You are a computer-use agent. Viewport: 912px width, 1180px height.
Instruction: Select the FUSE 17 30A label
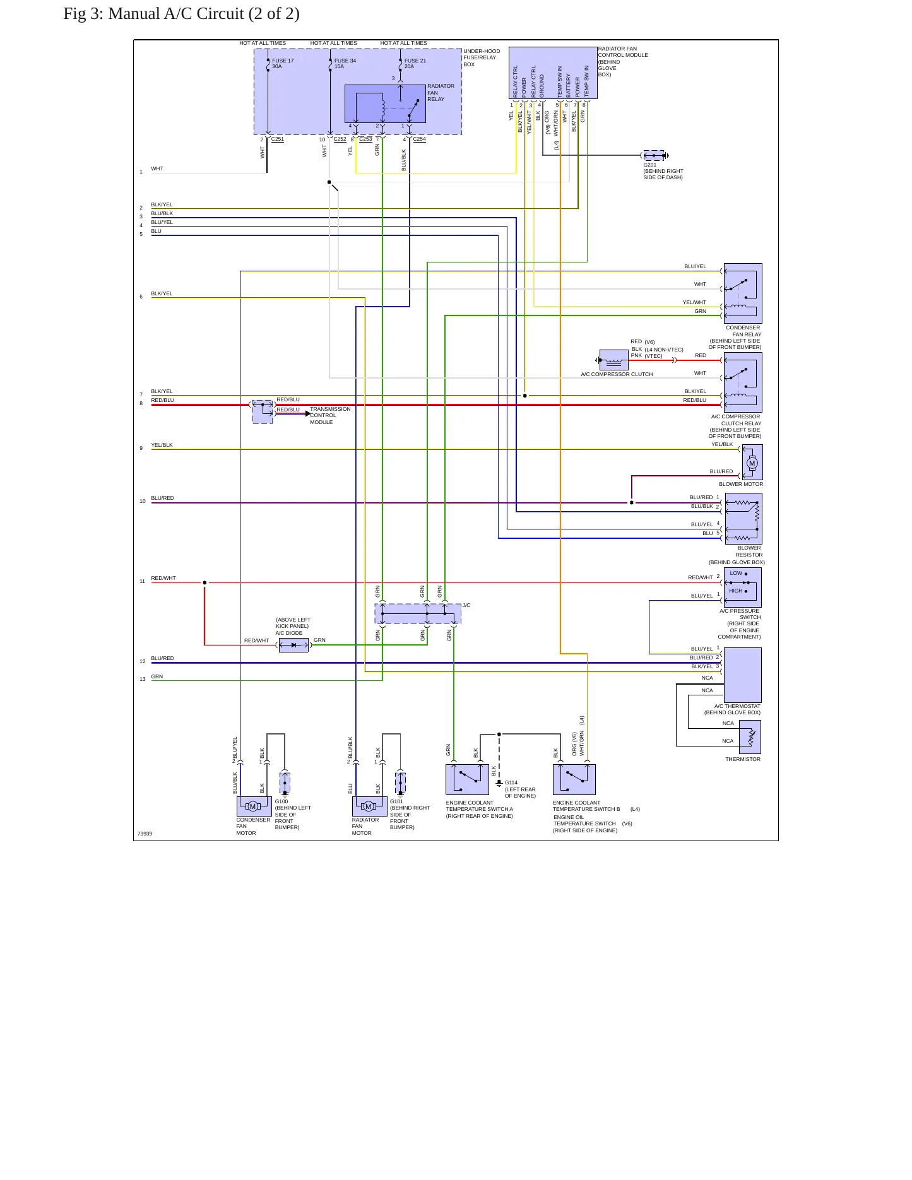click(x=283, y=64)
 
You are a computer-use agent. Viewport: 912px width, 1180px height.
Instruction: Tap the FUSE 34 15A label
click(x=345, y=64)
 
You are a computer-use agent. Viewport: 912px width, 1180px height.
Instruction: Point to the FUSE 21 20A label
click(x=415, y=64)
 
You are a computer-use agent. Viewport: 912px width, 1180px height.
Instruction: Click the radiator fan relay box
click(x=385, y=103)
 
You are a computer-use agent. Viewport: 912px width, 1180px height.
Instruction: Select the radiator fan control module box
click(x=553, y=73)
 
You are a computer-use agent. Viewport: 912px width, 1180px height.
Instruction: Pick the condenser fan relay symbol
click(x=743, y=293)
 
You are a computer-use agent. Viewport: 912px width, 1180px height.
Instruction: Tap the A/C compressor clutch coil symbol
click(x=613, y=360)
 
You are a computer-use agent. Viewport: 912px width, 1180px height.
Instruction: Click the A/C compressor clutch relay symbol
click(x=743, y=382)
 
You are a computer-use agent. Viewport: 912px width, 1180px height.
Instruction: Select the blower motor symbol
click(x=752, y=463)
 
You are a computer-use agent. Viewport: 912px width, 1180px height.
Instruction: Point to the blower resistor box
click(x=743, y=519)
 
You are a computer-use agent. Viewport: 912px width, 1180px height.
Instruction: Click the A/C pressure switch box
click(x=743, y=587)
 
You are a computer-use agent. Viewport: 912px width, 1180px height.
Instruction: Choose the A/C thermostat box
click(x=743, y=675)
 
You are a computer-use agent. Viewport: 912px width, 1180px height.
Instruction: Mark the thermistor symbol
click(x=750, y=737)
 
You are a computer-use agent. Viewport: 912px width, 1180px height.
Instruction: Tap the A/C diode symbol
click(x=293, y=645)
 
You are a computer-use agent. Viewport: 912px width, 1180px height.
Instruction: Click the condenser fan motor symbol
click(x=254, y=806)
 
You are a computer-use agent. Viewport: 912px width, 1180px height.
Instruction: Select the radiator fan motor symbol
click(x=370, y=806)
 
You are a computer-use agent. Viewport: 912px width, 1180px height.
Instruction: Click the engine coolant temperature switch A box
click(x=467, y=779)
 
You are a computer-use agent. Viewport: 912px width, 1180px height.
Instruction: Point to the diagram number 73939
click(x=145, y=834)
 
